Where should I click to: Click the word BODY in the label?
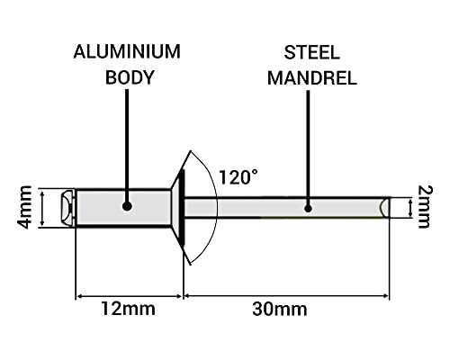pos(127,77)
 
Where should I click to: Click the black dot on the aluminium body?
pos(127,206)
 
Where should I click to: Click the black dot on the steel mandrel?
pos(307,207)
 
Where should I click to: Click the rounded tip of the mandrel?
pos(385,208)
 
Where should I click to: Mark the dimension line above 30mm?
pos(286,294)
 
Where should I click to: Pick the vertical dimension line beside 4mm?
pos(42,207)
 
